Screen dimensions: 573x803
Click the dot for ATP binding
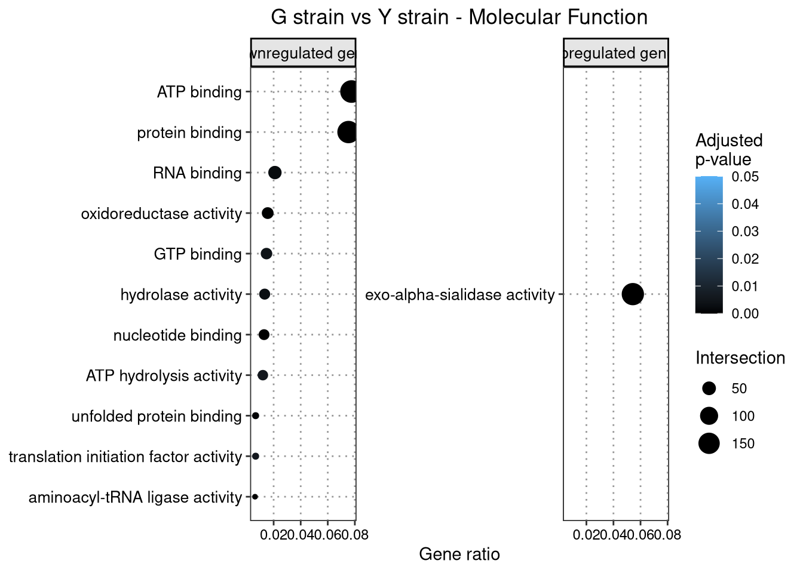point(350,92)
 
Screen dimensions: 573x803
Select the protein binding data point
point(348,132)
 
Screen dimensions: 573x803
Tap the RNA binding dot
point(275,172)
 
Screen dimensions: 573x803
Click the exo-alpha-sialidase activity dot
point(633,294)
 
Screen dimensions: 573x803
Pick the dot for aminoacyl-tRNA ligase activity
point(255,497)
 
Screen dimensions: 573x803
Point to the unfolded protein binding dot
point(256,415)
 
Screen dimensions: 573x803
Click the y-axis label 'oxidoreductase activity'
point(161,214)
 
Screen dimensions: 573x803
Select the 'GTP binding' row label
point(198,254)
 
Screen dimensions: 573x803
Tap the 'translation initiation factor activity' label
point(125,457)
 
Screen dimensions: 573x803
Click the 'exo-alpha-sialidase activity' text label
point(459,295)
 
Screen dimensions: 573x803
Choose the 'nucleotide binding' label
point(177,335)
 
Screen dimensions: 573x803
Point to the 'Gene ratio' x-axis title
point(459,554)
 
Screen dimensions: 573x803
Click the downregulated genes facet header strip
point(303,53)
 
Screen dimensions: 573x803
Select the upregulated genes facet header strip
point(615,53)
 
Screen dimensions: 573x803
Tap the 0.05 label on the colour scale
point(745,177)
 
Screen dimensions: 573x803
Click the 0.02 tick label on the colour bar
point(745,259)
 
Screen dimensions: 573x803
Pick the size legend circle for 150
point(709,443)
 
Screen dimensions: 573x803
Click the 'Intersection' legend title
point(740,358)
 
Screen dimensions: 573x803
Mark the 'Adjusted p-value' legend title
point(729,150)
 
